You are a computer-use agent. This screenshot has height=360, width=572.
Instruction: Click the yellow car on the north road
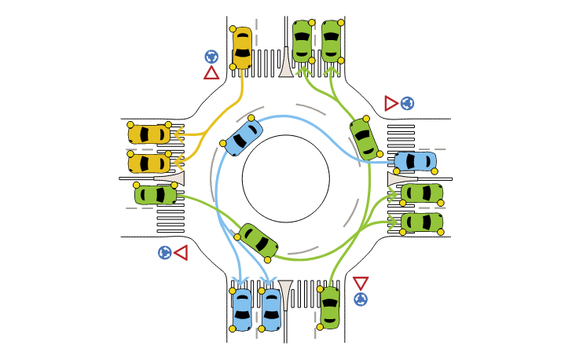pyautogui.click(x=242, y=48)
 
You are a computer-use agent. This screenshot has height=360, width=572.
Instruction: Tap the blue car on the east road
pyautogui.click(x=414, y=161)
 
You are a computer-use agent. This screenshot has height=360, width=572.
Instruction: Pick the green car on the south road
pyautogui.click(x=330, y=307)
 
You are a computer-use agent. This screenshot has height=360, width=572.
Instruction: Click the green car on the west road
pyautogui.click(x=155, y=194)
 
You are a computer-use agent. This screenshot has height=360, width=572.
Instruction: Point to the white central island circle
pyautogui.click(x=285, y=178)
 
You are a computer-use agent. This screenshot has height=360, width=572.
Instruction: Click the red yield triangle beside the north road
pyautogui.click(x=211, y=73)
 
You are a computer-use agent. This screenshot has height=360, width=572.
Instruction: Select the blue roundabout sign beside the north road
pyautogui.click(x=211, y=57)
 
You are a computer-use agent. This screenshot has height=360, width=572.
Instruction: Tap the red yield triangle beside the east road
pyautogui.click(x=390, y=103)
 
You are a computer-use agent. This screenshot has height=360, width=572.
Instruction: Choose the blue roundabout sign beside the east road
pyautogui.click(x=407, y=103)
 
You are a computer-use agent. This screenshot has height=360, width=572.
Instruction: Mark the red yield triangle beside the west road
pyautogui.click(x=181, y=253)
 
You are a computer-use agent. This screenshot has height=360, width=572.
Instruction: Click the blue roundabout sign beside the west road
pyautogui.click(x=165, y=252)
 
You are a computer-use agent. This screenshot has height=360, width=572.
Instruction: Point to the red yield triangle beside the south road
pyautogui.click(x=361, y=283)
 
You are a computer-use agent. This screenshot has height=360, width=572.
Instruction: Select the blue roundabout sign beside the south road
pyautogui.click(x=361, y=299)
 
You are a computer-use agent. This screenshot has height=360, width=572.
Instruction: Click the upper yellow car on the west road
pyautogui.click(x=149, y=134)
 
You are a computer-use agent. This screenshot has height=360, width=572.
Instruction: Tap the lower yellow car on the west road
pyautogui.click(x=149, y=163)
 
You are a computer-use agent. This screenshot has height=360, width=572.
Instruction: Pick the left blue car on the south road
pyautogui.click(x=242, y=309)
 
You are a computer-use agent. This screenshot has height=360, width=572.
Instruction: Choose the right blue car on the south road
pyautogui.click(x=270, y=309)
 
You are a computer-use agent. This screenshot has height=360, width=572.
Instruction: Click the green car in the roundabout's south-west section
pyautogui.click(x=258, y=241)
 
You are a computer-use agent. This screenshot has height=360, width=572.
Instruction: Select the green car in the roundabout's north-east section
pyautogui.click(x=365, y=138)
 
